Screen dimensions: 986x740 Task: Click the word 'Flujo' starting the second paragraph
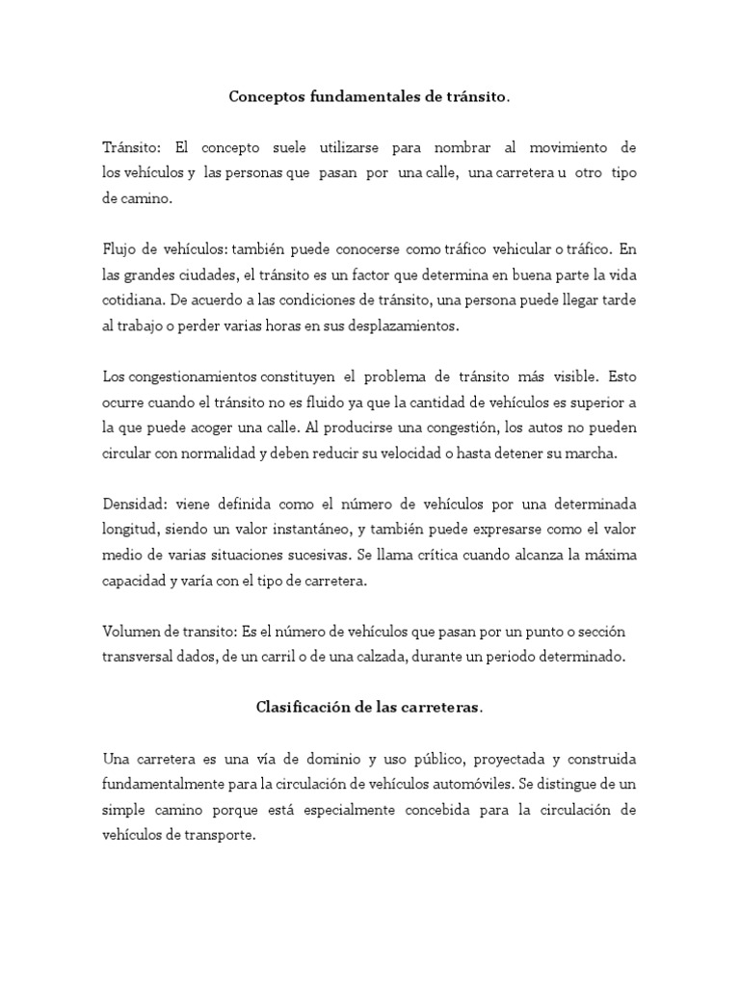coord(119,248)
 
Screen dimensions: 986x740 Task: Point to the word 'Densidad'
coord(133,506)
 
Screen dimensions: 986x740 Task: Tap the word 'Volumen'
coord(132,631)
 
